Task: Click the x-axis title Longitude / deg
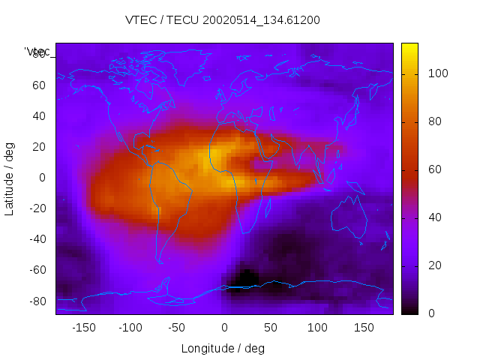point(223,349)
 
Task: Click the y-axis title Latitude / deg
point(10,178)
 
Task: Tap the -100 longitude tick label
point(130,328)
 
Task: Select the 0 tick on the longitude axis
point(224,328)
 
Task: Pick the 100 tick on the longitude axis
point(318,328)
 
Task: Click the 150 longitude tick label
point(364,328)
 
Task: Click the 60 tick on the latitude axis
point(39,85)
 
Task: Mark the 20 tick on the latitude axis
point(39,147)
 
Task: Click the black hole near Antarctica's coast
point(244,279)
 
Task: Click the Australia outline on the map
point(350,217)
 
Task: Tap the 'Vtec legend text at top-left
point(37,51)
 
